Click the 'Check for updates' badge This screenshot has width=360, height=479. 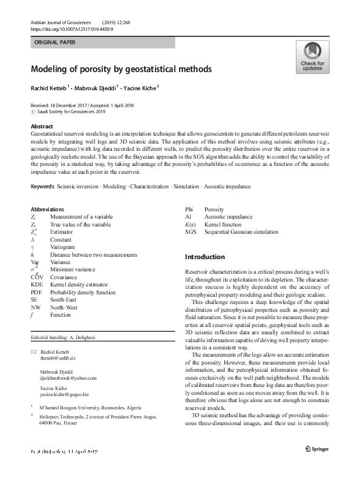[312, 57]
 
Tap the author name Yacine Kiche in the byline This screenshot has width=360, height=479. [139, 87]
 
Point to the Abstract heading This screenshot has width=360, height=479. [42, 126]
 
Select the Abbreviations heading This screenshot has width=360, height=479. [47, 210]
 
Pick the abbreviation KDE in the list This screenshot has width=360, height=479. [36, 284]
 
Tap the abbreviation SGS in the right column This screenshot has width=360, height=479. [191, 232]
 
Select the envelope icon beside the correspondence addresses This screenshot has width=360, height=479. [33, 352]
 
